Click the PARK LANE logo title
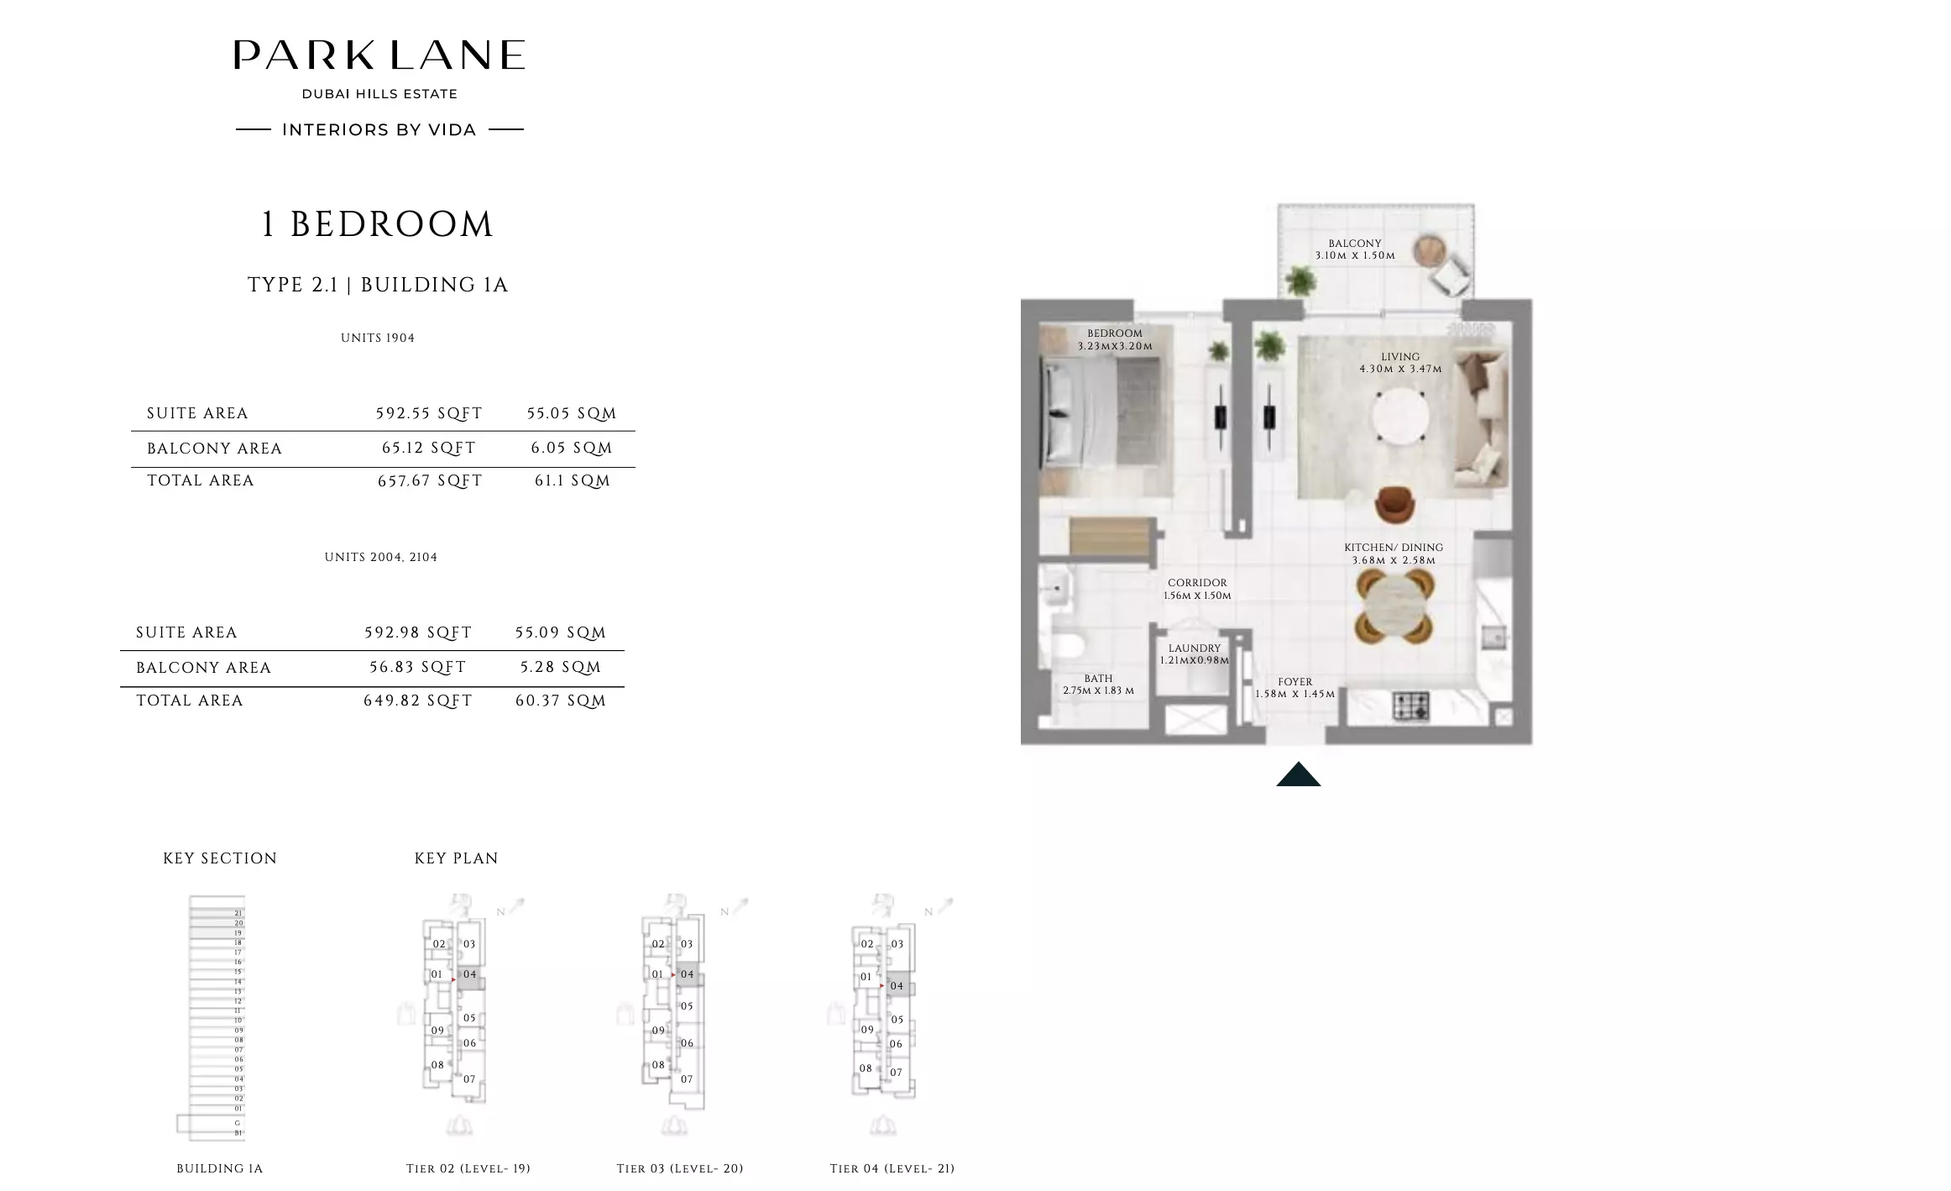379,55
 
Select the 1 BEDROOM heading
377,225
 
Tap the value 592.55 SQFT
429,413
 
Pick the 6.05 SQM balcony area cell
572,449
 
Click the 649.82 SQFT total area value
418,700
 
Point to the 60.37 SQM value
561,700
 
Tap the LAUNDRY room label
1194,648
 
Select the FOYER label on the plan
1295,682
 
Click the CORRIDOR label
1197,583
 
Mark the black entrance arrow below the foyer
1298,774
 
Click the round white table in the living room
1401,417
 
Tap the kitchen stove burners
1411,706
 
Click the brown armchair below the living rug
1394,504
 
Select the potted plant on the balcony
1300,279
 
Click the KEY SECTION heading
220,858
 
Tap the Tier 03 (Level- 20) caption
680,1168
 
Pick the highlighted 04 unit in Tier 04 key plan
897,986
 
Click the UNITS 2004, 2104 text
381,557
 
